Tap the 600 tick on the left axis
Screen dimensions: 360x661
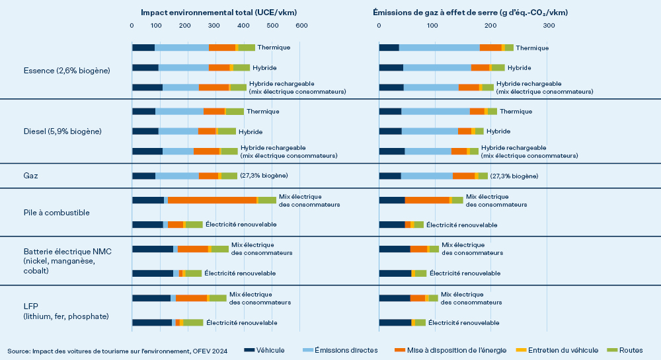coord(301,25)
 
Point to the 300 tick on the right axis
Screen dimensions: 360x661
coord(549,25)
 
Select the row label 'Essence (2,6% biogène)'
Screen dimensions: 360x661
coord(66,70)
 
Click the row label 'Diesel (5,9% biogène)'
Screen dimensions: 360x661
coord(62,131)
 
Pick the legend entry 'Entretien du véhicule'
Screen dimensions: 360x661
coord(563,350)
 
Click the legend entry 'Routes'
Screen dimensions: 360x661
coord(631,350)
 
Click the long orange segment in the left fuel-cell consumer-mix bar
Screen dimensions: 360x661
coord(212,200)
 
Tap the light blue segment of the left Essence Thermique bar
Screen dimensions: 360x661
coord(181,48)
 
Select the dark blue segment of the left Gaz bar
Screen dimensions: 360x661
coord(143,176)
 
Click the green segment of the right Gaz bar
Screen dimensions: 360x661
coord(483,176)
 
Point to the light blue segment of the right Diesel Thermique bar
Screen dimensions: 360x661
coord(436,111)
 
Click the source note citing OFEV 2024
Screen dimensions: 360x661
coord(117,350)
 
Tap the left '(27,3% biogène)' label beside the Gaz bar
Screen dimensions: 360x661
coord(264,176)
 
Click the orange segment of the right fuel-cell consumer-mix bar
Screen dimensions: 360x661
coord(427,200)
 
